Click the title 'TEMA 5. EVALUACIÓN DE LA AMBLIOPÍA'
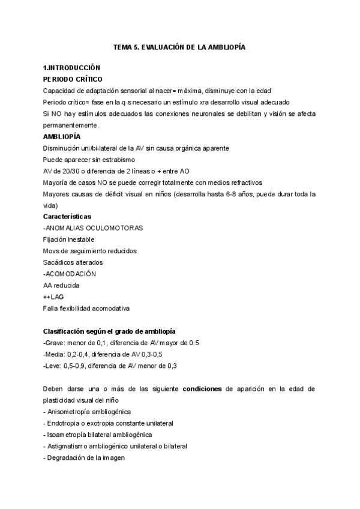pyautogui.click(x=179, y=46)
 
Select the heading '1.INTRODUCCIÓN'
pyautogui.click(x=71, y=68)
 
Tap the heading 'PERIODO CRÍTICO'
pyautogui.click(x=73, y=79)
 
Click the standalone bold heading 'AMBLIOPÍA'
pyautogui.click(x=62, y=136)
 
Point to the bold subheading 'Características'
pyautogui.click(x=67, y=216)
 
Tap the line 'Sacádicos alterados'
pyautogui.click(x=73, y=262)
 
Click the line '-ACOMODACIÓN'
pyautogui.click(x=69, y=273)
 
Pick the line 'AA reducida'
pyautogui.click(x=61, y=285)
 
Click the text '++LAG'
pyautogui.click(x=53, y=297)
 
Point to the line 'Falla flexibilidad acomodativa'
pyautogui.click(x=86, y=308)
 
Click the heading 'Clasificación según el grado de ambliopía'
pyautogui.click(x=109, y=331)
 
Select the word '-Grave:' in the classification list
pyautogui.click(x=54, y=343)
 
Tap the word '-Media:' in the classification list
pyautogui.click(x=54, y=354)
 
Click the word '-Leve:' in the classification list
pyautogui.click(x=53, y=366)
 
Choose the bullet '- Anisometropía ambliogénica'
pyautogui.click(x=87, y=412)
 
